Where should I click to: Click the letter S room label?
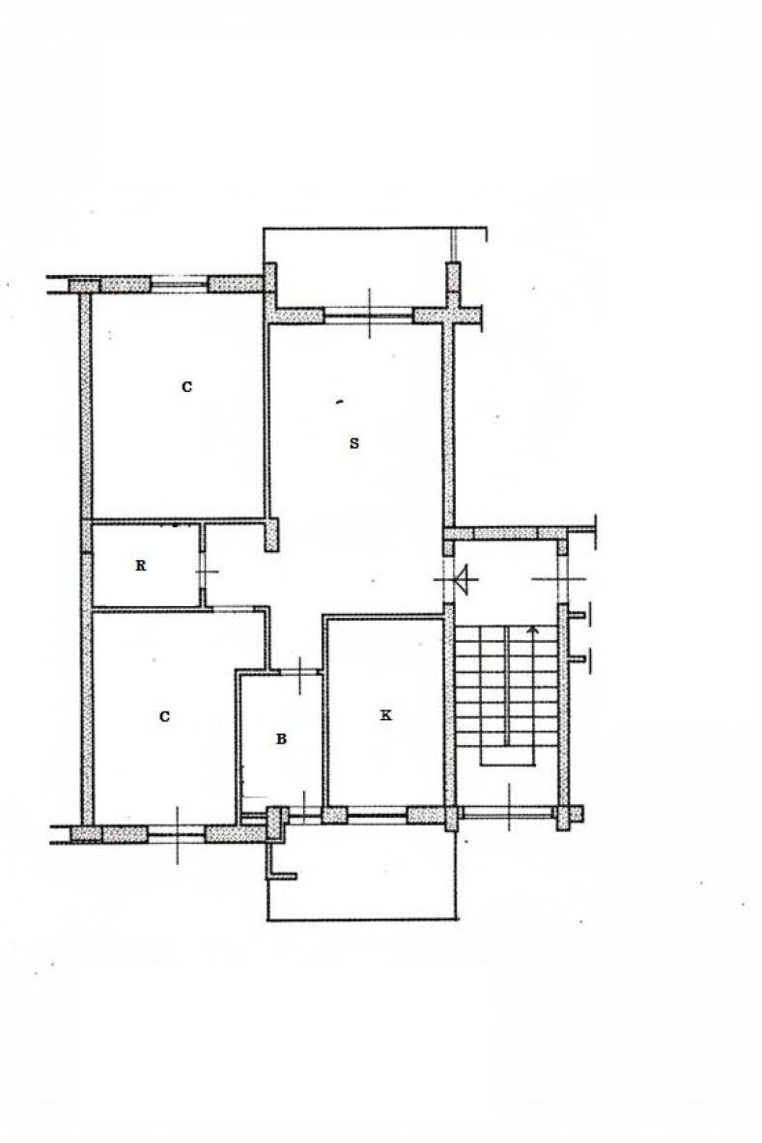pos(354,442)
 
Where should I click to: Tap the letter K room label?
pos(385,715)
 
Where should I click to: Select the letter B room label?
pos(281,739)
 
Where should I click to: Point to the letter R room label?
pos(141,565)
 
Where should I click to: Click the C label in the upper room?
pos(186,386)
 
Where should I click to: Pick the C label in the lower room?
pos(164,716)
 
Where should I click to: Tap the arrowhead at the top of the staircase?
pos(533,629)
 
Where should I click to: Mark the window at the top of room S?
pos(369,316)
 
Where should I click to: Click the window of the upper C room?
pos(180,284)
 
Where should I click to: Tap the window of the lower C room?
pos(177,833)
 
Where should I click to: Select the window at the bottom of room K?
pos(377,815)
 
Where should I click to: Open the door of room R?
pos(203,571)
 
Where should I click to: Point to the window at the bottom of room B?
pos(303,817)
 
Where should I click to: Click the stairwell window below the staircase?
pos(508,813)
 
